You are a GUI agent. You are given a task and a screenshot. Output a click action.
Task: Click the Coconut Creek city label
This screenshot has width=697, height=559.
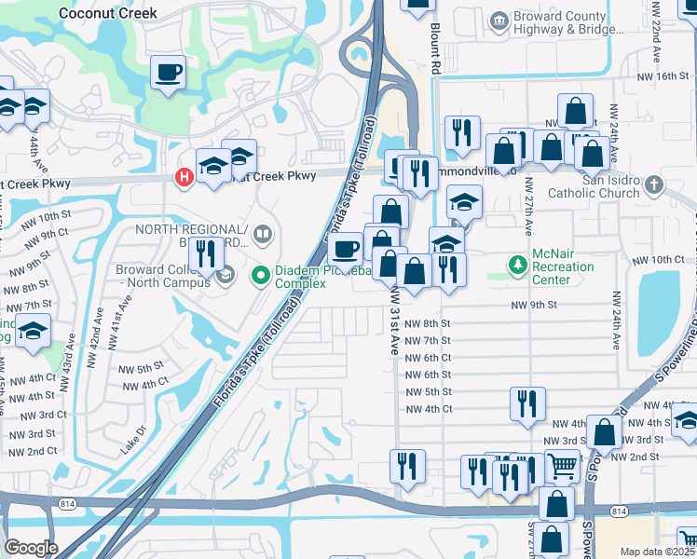coord(107,13)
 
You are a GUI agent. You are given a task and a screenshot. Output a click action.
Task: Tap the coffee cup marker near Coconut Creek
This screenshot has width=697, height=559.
coord(168,73)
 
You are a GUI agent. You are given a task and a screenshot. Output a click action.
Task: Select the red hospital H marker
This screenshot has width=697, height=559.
coord(184,176)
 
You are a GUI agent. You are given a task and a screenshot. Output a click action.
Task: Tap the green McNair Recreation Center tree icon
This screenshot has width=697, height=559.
coord(517,266)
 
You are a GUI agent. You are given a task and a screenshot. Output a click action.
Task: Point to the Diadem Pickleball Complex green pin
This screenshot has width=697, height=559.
coord(262,276)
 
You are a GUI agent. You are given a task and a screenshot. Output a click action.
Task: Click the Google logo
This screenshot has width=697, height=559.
coord(31,548)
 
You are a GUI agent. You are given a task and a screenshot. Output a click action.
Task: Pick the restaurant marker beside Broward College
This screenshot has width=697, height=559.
coord(205,252)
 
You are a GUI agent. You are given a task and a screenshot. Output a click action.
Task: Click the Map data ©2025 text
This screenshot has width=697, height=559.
coord(658,552)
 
